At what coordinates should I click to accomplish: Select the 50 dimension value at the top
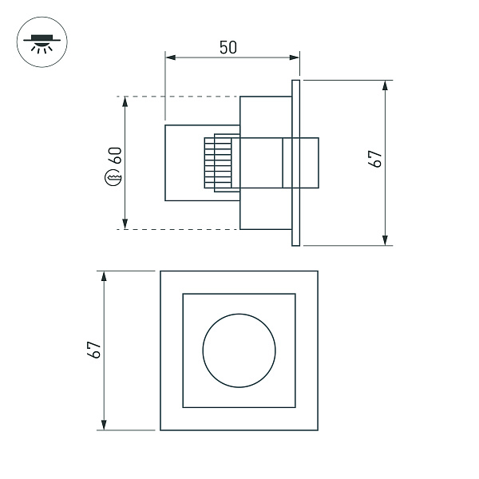point(228,47)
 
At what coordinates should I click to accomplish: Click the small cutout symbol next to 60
point(113,177)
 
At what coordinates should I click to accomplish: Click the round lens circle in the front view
point(239,350)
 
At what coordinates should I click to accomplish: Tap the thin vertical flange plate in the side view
point(295,162)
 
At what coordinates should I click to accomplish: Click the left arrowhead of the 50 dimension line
point(169,57)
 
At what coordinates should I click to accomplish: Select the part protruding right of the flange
point(310,164)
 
